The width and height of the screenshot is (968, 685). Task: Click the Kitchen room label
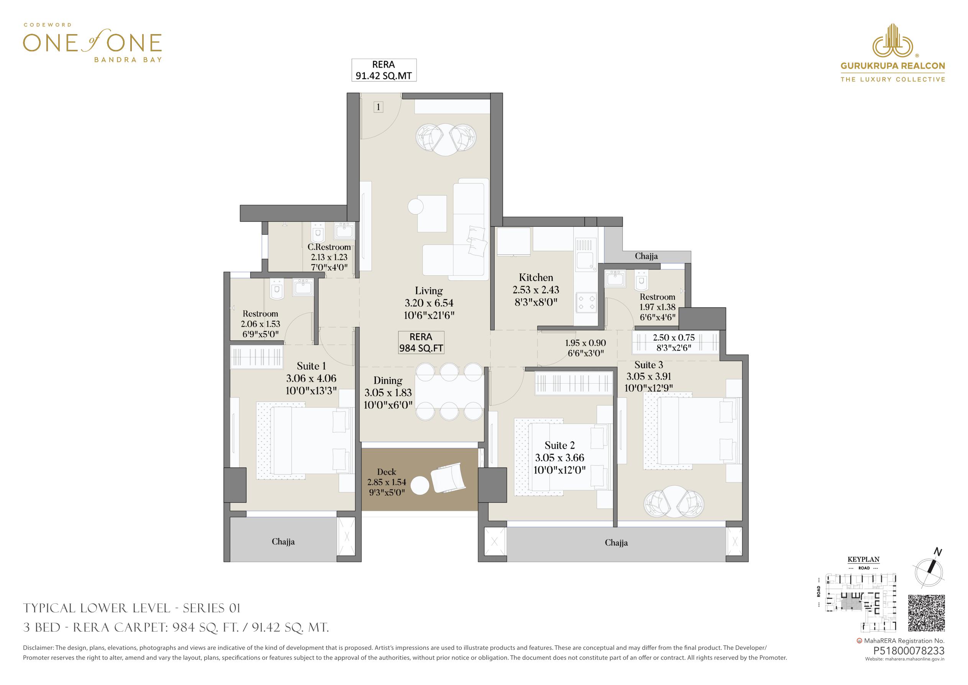[x=536, y=278]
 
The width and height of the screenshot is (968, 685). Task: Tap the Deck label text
[x=387, y=472]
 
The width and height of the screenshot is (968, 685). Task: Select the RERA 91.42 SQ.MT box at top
[x=384, y=70]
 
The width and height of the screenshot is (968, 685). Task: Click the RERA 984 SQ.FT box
[x=421, y=343]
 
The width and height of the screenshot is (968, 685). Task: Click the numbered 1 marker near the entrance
[x=378, y=107]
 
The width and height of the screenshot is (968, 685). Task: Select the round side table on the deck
[x=420, y=486]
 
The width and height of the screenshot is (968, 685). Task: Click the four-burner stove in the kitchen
[x=586, y=303]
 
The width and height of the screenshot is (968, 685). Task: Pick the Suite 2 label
[x=559, y=445]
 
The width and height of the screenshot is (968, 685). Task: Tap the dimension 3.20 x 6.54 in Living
[x=429, y=303]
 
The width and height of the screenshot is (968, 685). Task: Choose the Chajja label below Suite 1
[x=283, y=542]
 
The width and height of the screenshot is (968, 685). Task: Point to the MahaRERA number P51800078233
[x=909, y=651]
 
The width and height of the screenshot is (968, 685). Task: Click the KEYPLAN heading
[x=863, y=560]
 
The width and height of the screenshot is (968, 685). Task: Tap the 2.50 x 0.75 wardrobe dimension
[x=674, y=337]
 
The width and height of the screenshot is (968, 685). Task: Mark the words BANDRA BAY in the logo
[x=128, y=59]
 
